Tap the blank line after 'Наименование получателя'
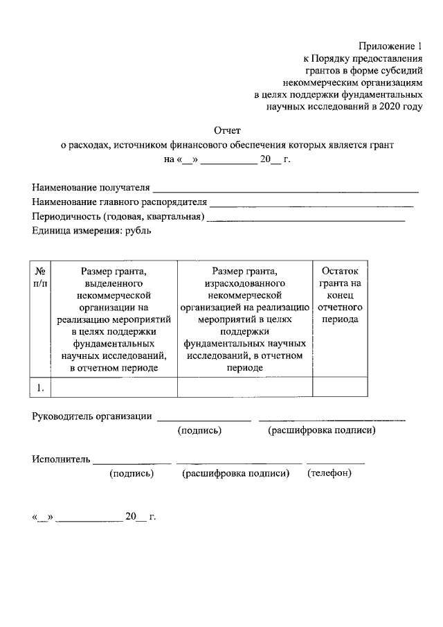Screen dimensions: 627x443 (285, 189)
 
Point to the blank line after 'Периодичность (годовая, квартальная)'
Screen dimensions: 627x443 (306, 218)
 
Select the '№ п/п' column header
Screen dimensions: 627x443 (40, 276)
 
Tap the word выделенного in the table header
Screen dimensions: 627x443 (114, 284)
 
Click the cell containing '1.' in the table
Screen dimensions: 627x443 (40, 388)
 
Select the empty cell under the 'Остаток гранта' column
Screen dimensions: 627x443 (339, 387)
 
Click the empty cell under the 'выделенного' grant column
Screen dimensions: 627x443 (114, 387)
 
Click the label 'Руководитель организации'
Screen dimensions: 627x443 (92, 416)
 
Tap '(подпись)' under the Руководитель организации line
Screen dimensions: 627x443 (200, 431)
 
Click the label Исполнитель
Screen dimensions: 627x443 (61, 459)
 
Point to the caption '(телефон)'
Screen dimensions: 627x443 (329, 474)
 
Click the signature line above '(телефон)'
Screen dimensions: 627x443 (336, 462)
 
